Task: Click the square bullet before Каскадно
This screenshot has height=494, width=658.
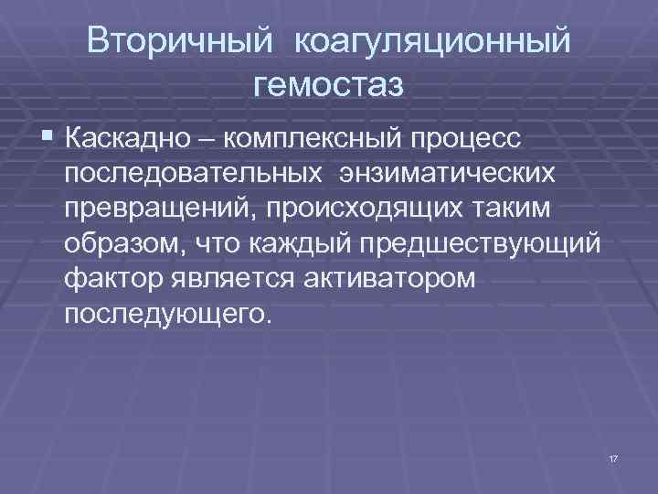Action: (47, 140)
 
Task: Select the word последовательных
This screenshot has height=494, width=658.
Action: (192, 175)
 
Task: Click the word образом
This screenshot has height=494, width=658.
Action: (120, 244)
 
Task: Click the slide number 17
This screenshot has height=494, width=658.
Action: (612, 456)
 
